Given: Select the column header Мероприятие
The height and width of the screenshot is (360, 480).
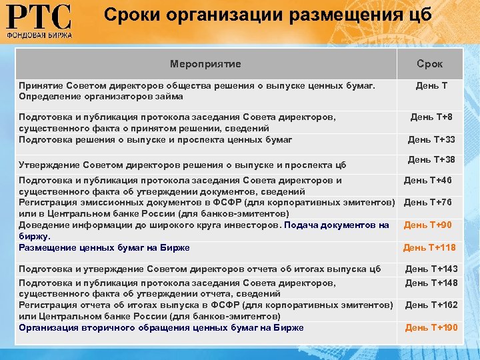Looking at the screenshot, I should (x=205, y=64).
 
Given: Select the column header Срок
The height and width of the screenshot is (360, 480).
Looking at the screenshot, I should (x=430, y=64).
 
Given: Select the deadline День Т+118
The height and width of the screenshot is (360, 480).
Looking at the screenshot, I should (x=429, y=247).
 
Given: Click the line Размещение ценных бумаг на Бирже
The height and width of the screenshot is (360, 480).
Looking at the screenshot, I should (x=104, y=247).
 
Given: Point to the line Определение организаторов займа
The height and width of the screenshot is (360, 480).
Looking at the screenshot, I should (x=101, y=97).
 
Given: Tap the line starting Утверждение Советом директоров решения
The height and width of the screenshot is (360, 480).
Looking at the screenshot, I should (x=182, y=164).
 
